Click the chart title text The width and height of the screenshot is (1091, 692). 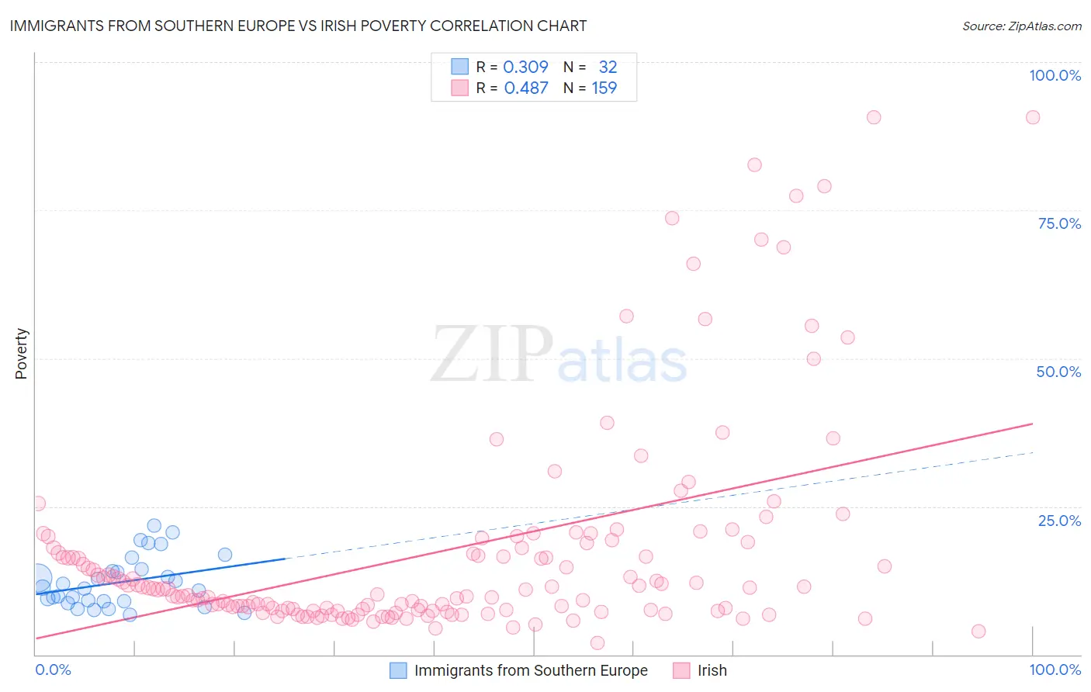[x=298, y=26]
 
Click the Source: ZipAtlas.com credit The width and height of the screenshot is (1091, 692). [x=1021, y=26]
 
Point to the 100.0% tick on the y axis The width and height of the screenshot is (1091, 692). [x=1055, y=75]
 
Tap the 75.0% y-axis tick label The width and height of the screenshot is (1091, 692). [x=1059, y=223]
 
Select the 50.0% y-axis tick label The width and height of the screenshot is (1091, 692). [x=1058, y=372]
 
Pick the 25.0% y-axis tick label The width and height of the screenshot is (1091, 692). [x=1059, y=520]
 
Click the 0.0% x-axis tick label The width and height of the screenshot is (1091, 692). [x=53, y=670]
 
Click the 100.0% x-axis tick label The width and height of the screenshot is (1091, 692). [x=1055, y=670]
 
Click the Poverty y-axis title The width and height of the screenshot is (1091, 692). [x=21, y=354]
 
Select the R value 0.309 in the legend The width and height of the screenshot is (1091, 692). [x=525, y=67]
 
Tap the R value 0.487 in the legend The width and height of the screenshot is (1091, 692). [x=525, y=88]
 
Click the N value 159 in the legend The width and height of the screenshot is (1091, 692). [x=604, y=88]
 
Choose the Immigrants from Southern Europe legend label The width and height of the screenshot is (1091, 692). [x=531, y=670]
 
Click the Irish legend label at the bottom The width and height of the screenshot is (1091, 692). [x=712, y=670]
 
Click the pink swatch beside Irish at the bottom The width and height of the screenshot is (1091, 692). [x=681, y=670]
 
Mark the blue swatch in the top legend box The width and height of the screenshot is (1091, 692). [x=460, y=67]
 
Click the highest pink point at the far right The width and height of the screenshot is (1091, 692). [x=1032, y=117]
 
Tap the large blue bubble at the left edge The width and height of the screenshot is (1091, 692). [x=37, y=579]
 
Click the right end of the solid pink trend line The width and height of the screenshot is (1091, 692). [x=1032, y=424]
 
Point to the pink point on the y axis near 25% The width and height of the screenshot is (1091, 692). [x=37, y=503]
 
